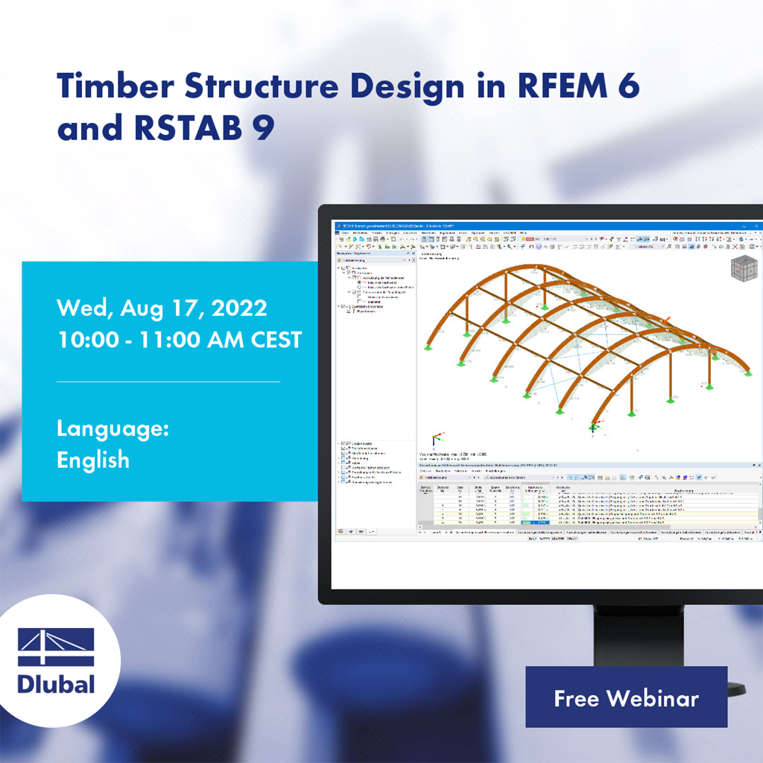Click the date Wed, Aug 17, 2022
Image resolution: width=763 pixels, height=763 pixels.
(x=162, y=308)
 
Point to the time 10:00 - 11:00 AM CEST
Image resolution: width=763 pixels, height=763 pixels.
(x=179, y=340)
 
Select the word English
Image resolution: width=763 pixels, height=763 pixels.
(x=93, y=460)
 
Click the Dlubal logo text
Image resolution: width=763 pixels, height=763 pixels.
(x=56, y=683)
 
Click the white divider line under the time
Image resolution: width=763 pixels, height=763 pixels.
(x=168, y=381)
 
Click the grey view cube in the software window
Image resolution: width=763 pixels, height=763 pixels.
(x=742, y=268)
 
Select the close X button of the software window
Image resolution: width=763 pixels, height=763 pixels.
(x=758, y=225)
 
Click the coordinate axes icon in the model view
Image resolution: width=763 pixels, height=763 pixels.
(x=431, y=441)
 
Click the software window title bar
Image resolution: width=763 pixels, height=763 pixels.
(x=522, y=225)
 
